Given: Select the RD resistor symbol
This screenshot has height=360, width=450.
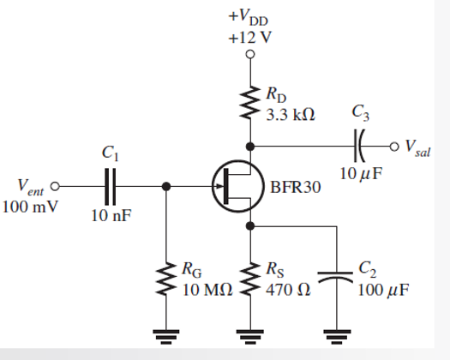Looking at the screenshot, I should point(250,102).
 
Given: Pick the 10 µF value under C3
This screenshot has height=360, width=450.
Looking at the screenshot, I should point(359,175).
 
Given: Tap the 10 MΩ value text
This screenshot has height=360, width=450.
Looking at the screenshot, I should point(207,290).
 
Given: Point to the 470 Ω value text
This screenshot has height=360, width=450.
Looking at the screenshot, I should point(288,290).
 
